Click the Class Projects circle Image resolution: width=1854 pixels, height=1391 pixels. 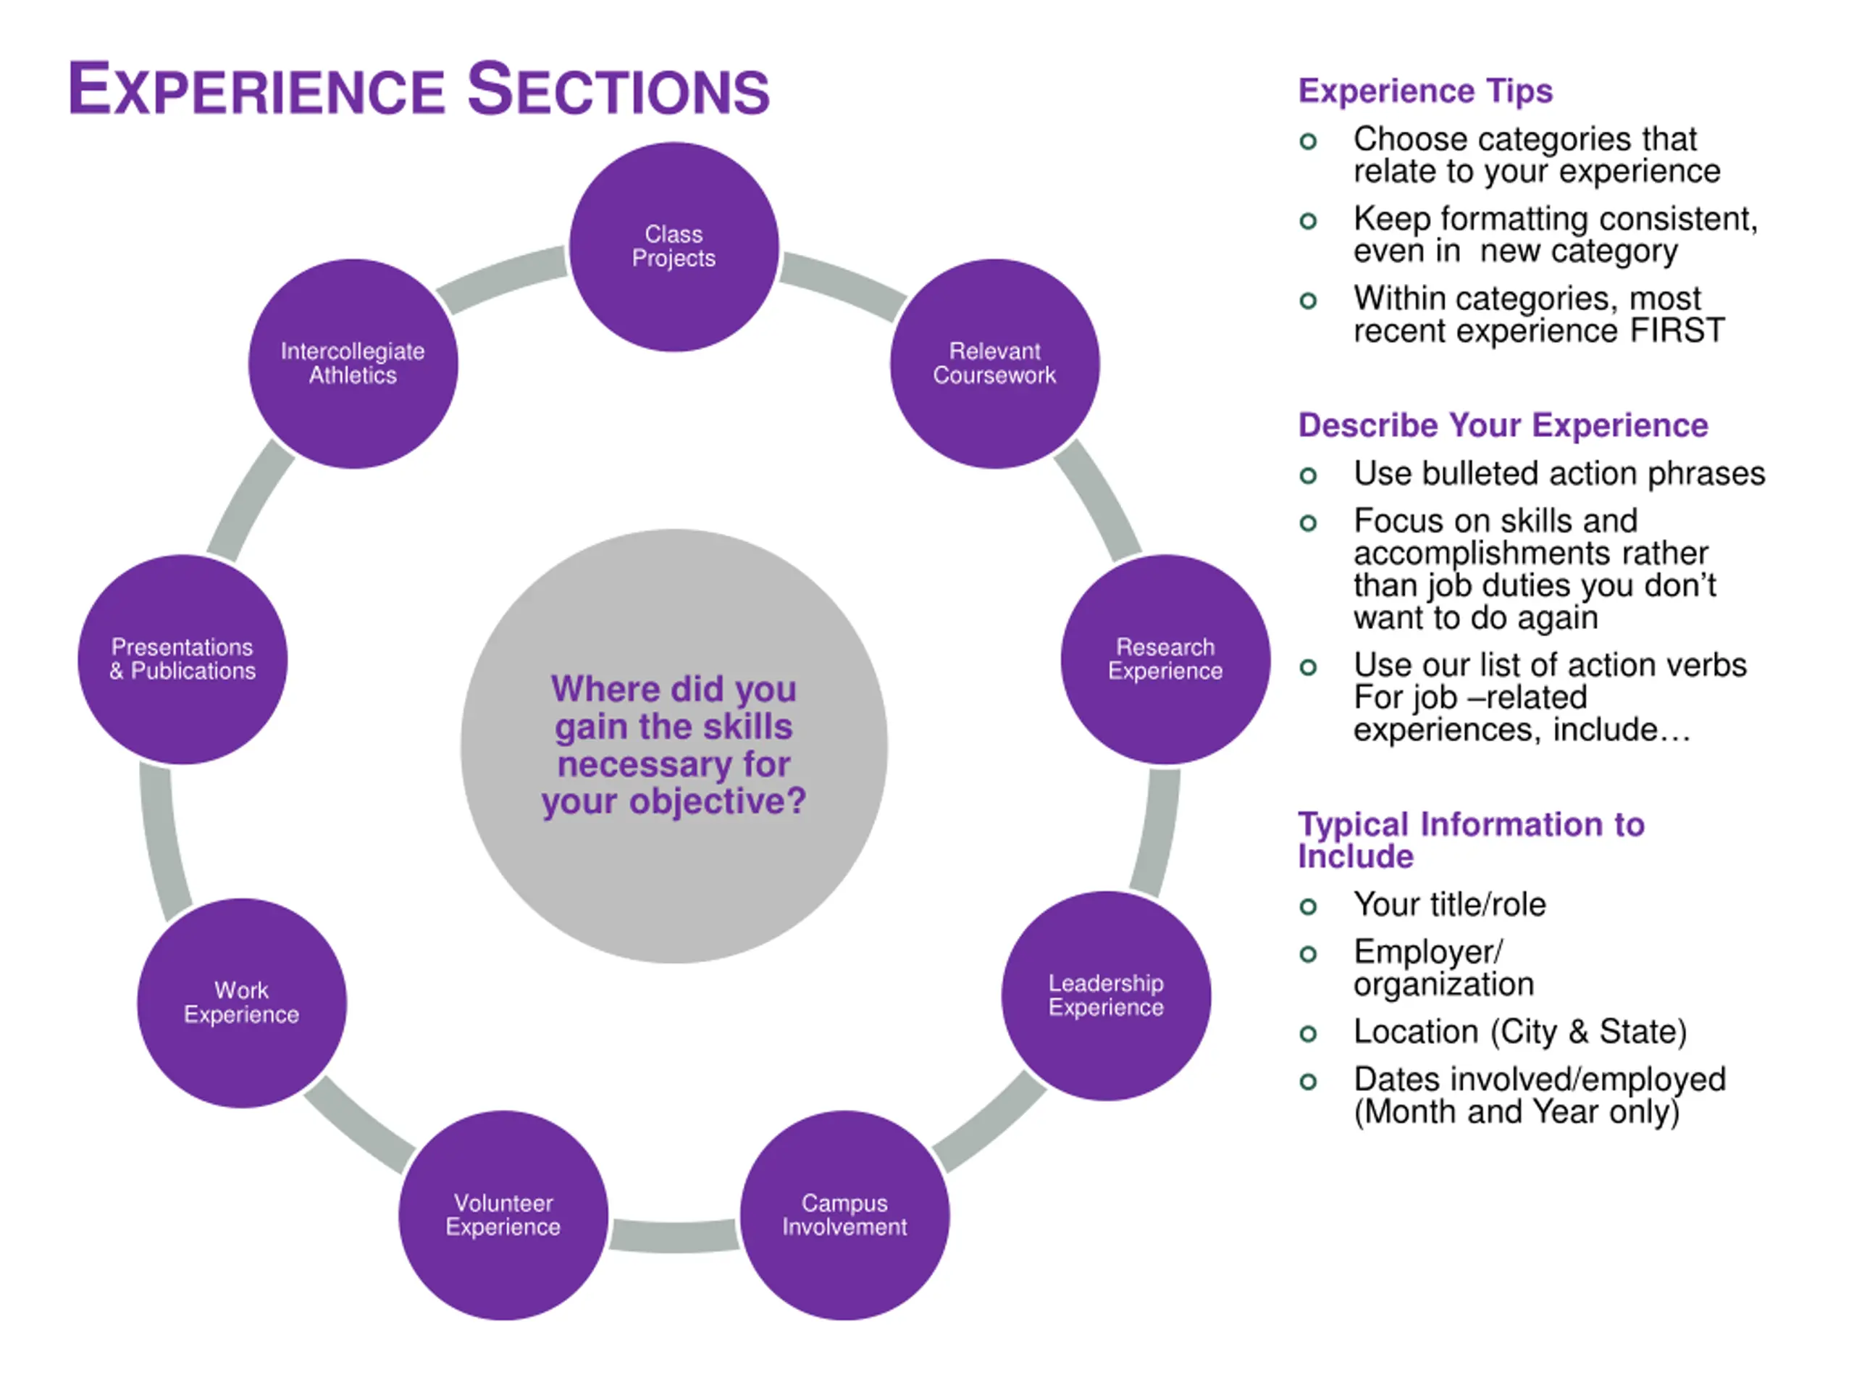[x=674, y=246]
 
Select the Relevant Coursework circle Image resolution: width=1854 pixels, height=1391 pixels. [x=995, y=363]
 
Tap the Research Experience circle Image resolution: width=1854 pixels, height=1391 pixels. [x=1165, y=659]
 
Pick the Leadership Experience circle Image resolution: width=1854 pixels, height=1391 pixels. [x=1106, y=995]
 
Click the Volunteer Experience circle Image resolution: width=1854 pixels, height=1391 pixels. [x=503, y=1215]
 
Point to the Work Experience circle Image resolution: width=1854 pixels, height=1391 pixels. [x=241, y=1003]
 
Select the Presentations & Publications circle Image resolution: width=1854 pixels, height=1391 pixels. [x=183, y=659]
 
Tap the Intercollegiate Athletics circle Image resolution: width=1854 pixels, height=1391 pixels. [x=353, y=363]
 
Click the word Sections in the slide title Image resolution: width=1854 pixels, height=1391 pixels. [x=618, y=90]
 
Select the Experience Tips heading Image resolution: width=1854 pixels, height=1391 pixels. [x=1425, y=91]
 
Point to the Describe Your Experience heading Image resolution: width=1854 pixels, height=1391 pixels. [x=1503, y=425]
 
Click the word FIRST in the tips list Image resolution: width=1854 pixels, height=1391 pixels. [x=1677, y=330]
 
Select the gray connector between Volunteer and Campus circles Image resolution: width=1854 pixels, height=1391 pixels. [x=674, y=1235]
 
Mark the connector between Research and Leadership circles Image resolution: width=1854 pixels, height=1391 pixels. [x=1157, y=832]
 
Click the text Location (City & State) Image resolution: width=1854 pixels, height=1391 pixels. [x=1519, y=1032]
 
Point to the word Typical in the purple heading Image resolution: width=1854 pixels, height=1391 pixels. [x=1353, y=824]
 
